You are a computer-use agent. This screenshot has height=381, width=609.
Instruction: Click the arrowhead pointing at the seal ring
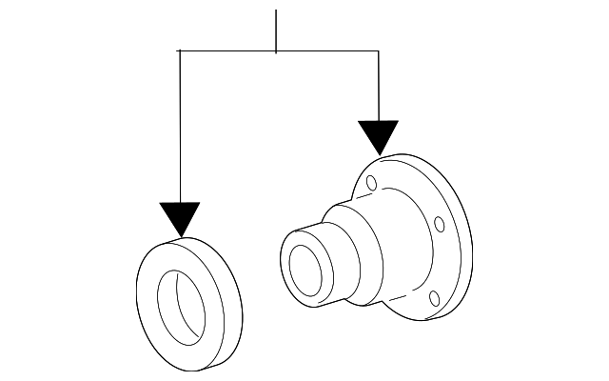[x=180, y=218]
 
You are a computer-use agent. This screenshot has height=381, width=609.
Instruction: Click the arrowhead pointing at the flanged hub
[x=379, y=137]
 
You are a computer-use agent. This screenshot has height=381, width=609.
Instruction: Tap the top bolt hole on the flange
[x=372, y=183]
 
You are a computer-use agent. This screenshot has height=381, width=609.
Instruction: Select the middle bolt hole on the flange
[x=439, y=225]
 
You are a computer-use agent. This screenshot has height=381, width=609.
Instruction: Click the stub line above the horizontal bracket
[x=276, y=29]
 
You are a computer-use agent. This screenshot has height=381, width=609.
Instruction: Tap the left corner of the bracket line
[x=180, y=51]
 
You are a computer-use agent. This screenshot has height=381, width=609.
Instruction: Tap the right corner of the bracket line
[x=379, y=51]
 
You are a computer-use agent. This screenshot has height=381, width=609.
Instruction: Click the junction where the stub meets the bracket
[x=276, y=51]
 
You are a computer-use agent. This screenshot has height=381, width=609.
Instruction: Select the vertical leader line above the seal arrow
[x=180, y=124]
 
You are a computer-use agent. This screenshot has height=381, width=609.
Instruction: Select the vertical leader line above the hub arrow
[x=379, y=86]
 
